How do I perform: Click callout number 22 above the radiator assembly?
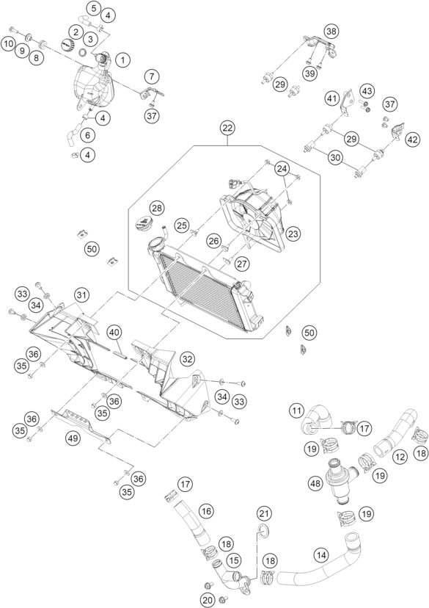pos(227,128)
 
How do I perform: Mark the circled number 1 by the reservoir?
pos(122,59)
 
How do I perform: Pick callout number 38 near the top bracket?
pos(332,31)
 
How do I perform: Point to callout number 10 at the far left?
pos(7,43)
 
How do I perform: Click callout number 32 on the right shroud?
pos(188,359)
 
